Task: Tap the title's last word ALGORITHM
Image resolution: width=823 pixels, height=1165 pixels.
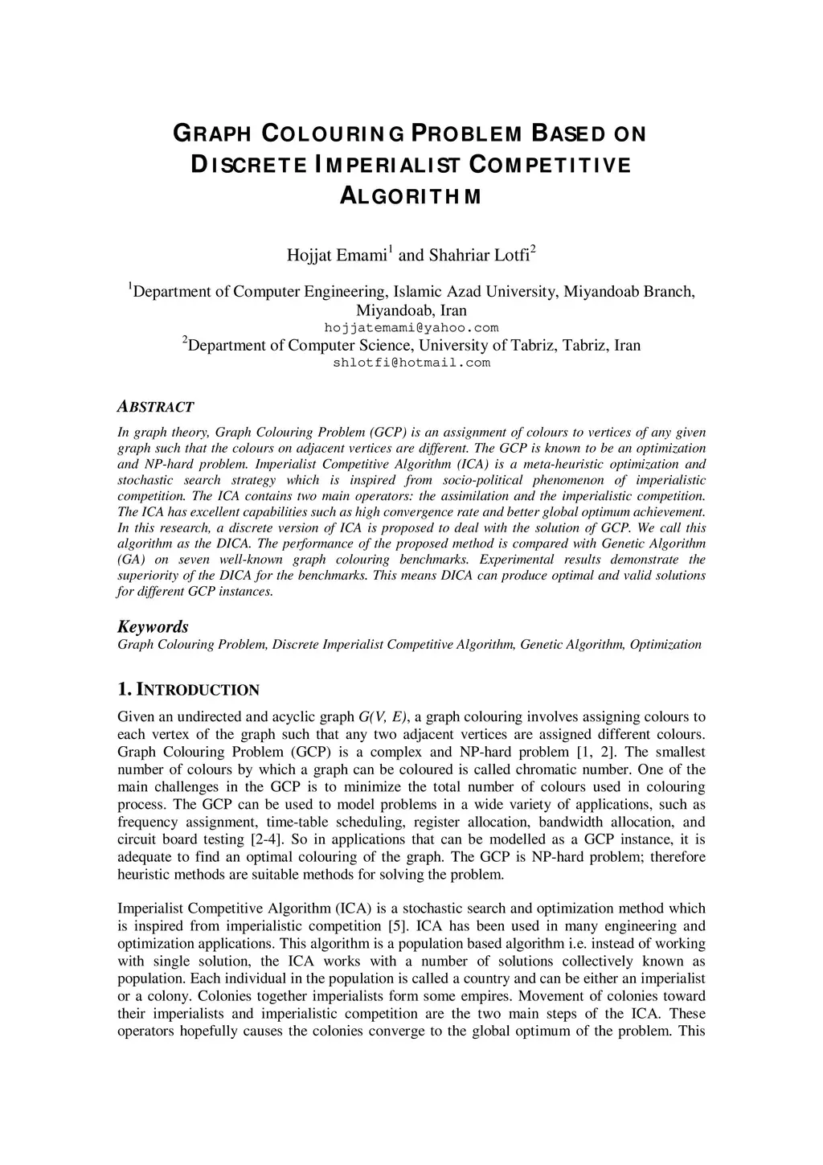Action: [x=411, y=196]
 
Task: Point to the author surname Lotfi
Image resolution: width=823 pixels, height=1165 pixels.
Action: [x=510, y=256]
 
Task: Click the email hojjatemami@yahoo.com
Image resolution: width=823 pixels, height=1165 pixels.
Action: [x=411, y=328]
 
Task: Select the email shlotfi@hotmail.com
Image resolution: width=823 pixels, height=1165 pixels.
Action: [x=411, y=363]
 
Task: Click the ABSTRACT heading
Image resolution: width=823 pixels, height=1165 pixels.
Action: [x=155, y=407]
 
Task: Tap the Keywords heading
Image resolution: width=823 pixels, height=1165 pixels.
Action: [x=153, y=626]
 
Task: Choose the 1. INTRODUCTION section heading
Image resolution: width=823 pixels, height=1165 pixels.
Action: [x=188, y=690]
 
